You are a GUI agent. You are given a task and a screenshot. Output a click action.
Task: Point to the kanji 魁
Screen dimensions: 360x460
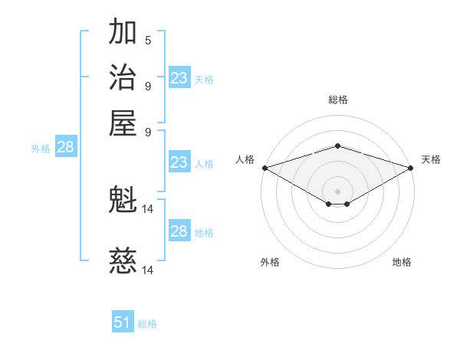click(x=123, y=201)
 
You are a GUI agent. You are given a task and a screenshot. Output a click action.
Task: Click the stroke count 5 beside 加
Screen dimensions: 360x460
click(x=148, y=41)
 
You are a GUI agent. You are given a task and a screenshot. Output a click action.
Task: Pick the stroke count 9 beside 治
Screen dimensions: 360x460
click(x=148, y=86)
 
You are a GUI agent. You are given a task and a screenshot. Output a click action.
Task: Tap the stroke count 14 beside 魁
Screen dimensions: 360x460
click(x=148, y=209)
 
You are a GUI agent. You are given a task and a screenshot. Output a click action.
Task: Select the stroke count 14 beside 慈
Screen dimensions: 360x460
click(x=148, y=270)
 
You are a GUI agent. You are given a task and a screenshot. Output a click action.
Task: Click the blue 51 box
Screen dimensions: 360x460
click(x=123, y=323)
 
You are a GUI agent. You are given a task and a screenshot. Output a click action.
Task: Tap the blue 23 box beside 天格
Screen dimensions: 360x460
click(x=179, y=78)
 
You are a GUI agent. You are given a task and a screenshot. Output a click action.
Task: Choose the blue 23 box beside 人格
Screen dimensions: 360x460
click(x=179, y=162)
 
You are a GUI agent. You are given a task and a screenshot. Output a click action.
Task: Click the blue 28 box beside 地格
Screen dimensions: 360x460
click(x=179, y=231)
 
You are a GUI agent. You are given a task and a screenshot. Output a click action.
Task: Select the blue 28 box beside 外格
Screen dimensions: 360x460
click(x=65, y=148)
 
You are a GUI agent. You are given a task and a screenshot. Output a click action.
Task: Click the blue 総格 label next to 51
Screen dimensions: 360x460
click(x=147, y=324)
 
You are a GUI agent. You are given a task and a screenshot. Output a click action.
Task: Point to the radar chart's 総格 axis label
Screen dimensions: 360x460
click(x=337, y=100)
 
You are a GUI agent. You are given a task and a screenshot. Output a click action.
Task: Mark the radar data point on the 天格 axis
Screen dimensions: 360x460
click(x=412, y=168)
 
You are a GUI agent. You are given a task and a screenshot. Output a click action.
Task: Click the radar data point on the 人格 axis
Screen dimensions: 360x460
click(x=264, y=168)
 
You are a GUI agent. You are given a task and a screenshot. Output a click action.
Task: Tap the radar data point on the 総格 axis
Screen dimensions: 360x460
click(x=337, y=146)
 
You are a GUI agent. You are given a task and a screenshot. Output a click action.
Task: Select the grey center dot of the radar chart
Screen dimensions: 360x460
click(x=337, y=191)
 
